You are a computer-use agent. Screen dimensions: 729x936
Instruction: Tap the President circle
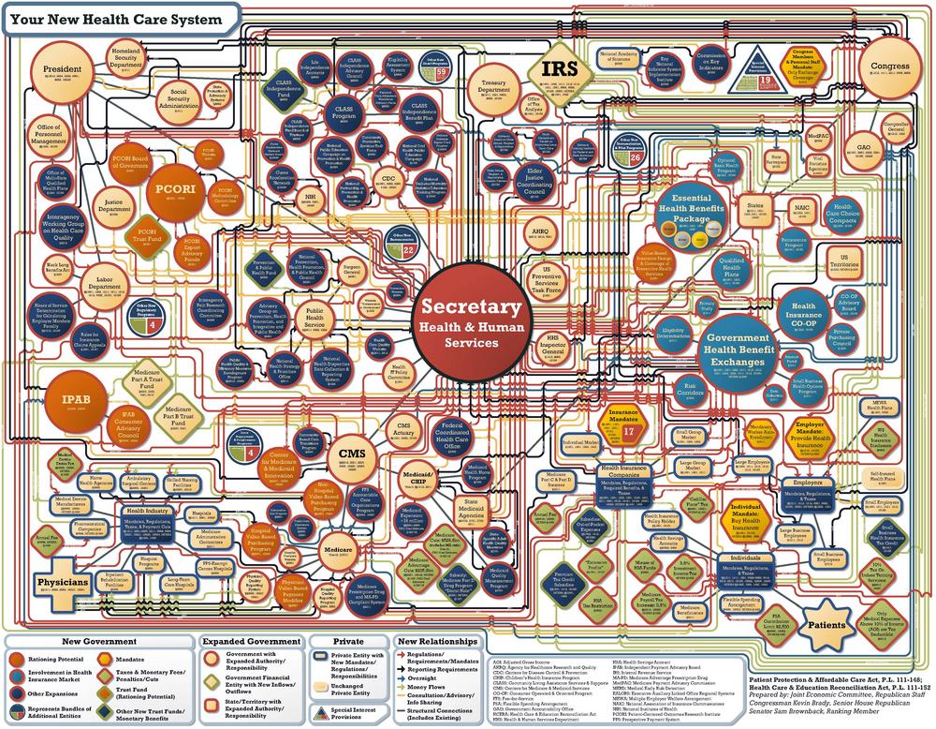pyautogui.click(x=64, y=72)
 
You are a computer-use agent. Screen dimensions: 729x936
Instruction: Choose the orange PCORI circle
pyautogui.click(x=170, y=187)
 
